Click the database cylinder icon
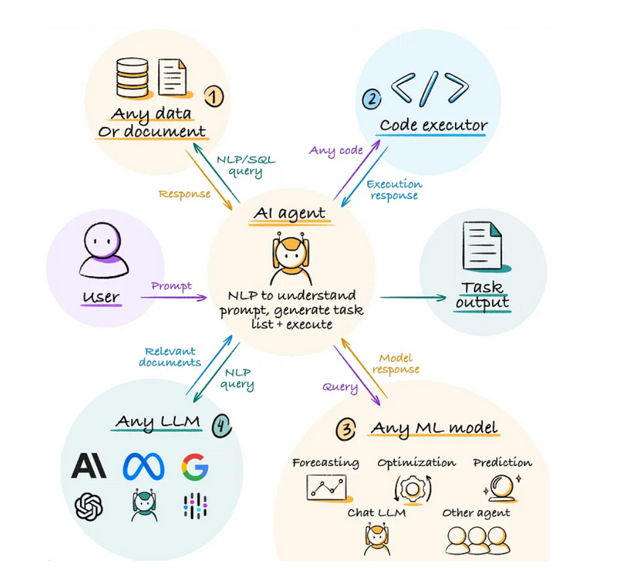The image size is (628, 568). (x=132, y=78)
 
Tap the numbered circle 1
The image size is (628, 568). (x=214, y=97)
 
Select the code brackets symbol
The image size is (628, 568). (x=429, y=89)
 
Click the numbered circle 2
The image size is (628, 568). (x=372, y=99)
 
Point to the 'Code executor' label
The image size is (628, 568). (x=434, y=126)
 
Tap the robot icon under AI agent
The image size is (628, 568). (x=290, y=260)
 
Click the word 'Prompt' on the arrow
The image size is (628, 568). (x=171, y=286)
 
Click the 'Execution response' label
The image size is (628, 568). (x=394, y=190)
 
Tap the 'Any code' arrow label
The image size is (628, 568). (x=336, y=150)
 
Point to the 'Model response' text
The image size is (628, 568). (x=396, y=363)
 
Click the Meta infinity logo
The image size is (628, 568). (x=143, y=467)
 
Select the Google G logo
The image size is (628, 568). (x=194, y=467)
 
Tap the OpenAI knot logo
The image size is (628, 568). (x=89, y=507)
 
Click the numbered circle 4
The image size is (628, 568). (x=221, y=424)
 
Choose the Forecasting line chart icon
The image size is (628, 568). (x=326, y=487)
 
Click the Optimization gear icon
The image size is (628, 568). (x=412, y=488)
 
